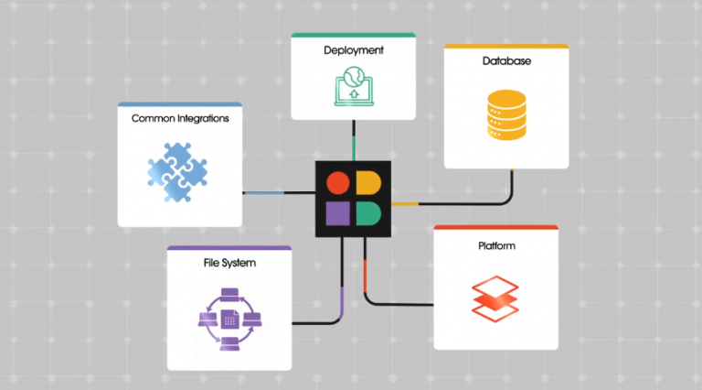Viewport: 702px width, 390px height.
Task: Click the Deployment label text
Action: pos(353,49)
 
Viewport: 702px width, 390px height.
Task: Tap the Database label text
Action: pos(506,61)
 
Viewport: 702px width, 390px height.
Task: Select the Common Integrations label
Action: pos(180,118)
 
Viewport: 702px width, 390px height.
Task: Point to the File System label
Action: pos(229,263)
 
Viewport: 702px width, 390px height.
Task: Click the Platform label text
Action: pos(496,246)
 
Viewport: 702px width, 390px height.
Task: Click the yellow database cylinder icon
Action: pos(506,114)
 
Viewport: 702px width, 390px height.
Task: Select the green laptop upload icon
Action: pos(353,85)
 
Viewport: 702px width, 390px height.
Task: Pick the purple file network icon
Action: pos(229,317)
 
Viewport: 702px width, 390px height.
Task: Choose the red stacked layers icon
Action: pos(495,297)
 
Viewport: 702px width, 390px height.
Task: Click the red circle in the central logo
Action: pos(338,183)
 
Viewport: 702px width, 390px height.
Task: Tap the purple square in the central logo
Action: pos(338,213)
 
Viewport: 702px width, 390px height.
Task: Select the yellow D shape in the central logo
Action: pos(367,183)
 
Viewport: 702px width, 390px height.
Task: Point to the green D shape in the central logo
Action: pos(367,213)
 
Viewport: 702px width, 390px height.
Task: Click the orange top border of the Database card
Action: pos(506,46)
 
